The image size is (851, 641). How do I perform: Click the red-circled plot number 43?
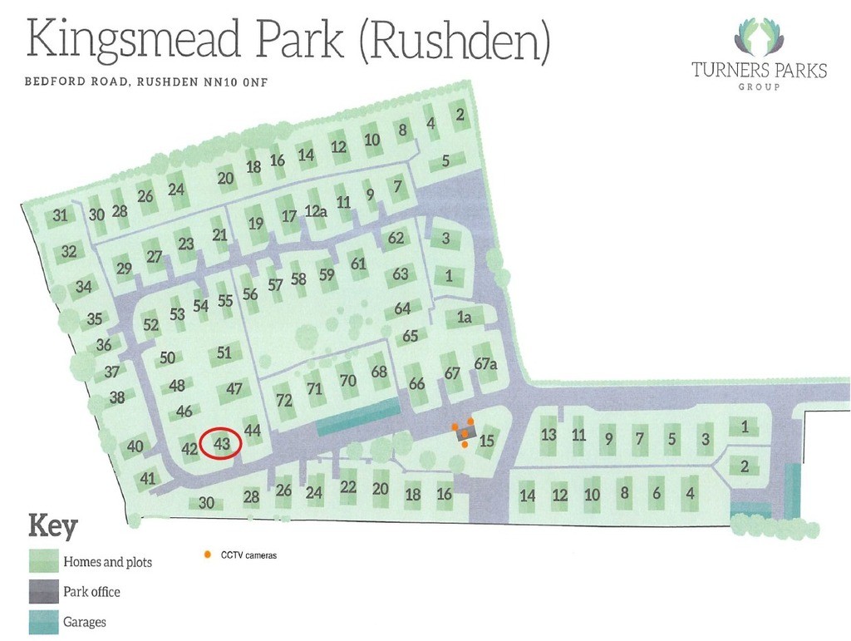(x=221, y=444)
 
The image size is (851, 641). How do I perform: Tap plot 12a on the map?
(x=315, y=211)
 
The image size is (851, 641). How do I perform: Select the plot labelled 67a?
(x=486, y=364)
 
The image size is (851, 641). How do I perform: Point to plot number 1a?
(x=464, y=317)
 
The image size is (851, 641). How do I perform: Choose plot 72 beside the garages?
(x=284, y=400)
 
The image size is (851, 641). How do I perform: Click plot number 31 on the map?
(x=60, y=215)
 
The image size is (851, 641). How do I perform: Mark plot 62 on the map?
(x=396, y=238)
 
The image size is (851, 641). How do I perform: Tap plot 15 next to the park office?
(x=488, y=441)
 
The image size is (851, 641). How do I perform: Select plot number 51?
(x=224, y=353)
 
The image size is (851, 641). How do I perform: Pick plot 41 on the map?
(x=148, y=478)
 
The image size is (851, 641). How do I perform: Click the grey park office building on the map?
(x=465, y=435)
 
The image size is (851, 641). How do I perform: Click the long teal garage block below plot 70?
(x=357, y=416)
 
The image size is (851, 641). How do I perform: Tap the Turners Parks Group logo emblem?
(x=758, y=38)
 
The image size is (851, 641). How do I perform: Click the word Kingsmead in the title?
(x=116, y=41)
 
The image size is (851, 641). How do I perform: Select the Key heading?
(x=53, y=526)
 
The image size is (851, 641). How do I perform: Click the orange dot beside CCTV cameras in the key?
(x=206, y=554)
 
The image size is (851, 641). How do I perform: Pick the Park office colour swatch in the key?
(x=43, y=591)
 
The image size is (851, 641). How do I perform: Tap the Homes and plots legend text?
(x=107, y=562)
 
